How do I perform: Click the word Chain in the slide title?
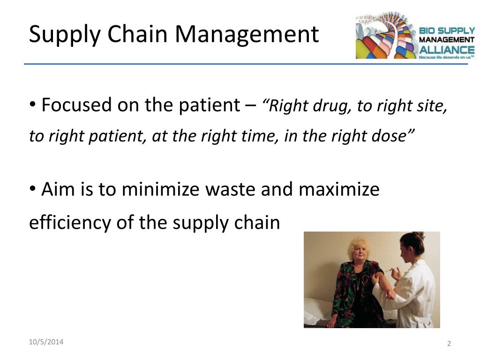pyautogui.click(x=137, y=34)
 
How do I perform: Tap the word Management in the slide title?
pyautogui.click(x=247, y=34)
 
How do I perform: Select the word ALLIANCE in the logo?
pyautogui.click(x=447, y=50)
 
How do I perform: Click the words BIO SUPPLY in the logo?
pyautogui.click(x=447, y=30)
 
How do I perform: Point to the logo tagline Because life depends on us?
pyautogui.click(x=446, y=57)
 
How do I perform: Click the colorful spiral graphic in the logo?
pyautogui.click(x=387, y=36)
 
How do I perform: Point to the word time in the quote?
pyautogui.click(x=260, y=136)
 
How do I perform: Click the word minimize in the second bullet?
pyautogui.click(x=160, y=189)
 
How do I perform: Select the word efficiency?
pyautogui.click(x=70, y=223)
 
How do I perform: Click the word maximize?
pyautogui.click(x=339, y=189)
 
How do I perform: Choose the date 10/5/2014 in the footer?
pyautogui.click(x=46, y=342)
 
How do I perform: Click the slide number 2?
pyautogui.click(x=449, y=344)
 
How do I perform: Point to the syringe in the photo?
pyautogui.click(x=388, y=270)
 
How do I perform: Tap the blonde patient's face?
pyautogui.click(x=359, y=252)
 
